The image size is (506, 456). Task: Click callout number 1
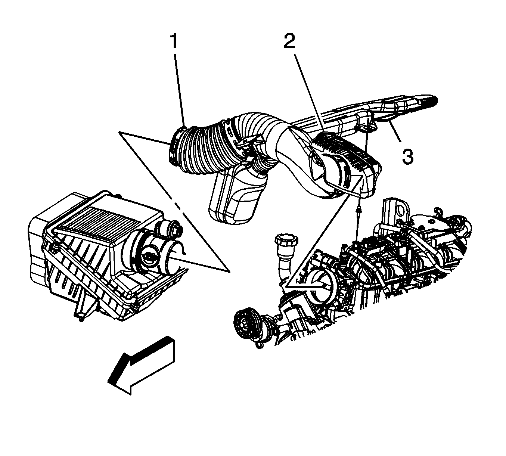(x=174, y=42)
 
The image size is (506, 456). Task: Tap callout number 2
(x=289, y=41)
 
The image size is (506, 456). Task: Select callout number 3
(x=408, y=157)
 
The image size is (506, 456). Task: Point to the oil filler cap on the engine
(x=287, y=242)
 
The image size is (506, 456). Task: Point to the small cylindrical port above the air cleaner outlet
(x=172, y=229)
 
